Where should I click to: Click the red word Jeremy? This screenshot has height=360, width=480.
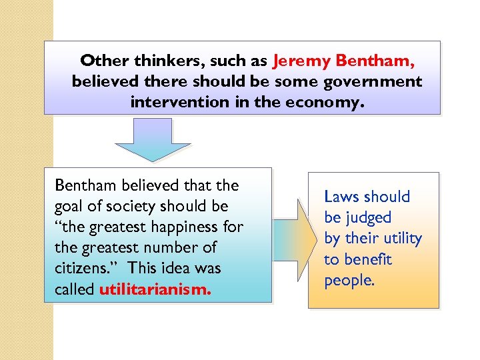pyautogui.click(x=301, y=61)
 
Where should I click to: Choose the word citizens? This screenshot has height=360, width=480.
pyautogui.click(x=81, y=269)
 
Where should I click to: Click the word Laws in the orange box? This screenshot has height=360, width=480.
pyautogui.click(x=341, y=197)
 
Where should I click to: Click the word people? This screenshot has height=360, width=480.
pyautogui.click(x=349, y=280)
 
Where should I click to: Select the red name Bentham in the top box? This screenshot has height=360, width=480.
pyautogui.click(x=375, y=61)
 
